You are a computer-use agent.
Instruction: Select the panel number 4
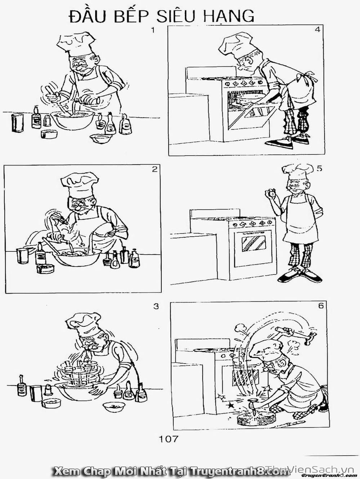click(x=318, y=30)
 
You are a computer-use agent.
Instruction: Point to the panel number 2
click(x=155, y=169)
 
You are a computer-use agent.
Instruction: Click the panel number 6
click(x=321, y=306)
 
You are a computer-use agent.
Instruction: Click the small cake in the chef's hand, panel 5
click(x=270, y=193)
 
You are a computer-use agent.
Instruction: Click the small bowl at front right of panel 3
click(x=114, y=407)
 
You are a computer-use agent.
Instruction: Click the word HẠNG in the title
click(x=228, y=16)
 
